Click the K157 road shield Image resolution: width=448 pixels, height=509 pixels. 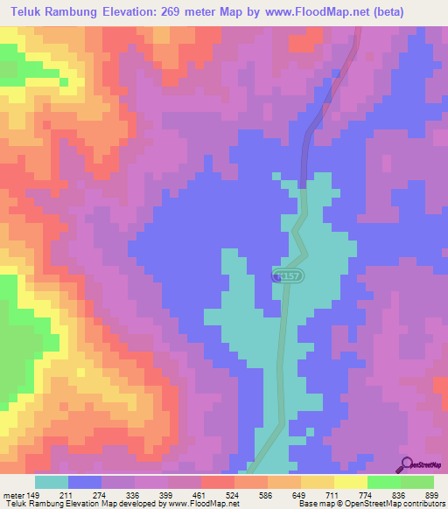pos(283,275)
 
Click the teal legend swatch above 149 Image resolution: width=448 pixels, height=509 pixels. pos(51,482)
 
